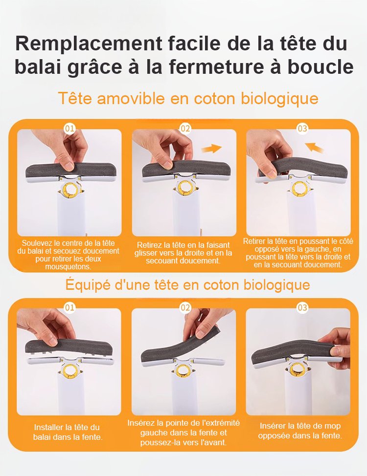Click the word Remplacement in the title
point(89,43)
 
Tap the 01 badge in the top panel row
point(69,129)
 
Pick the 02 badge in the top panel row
point(185,129)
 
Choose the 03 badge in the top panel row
point(302,129)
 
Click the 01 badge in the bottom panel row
point(69,307)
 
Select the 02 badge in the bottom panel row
point(185,307)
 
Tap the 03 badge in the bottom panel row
point(302,307)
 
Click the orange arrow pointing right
point(211,149)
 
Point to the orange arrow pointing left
point(315,148)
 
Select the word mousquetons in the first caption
point(69,267)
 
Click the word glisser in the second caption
point(146,253)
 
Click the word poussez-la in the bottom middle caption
point(158,442)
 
